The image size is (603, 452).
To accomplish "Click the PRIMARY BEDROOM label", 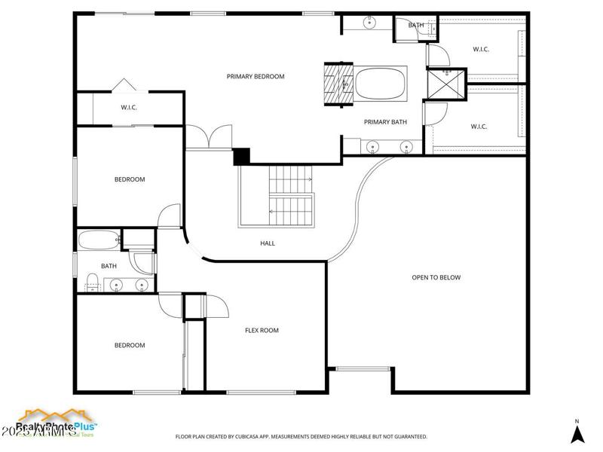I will coord(256,76).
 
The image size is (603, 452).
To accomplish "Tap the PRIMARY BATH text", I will coord(385,122).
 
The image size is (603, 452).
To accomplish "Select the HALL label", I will coord(268,243).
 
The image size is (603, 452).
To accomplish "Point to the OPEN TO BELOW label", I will coord(436,277).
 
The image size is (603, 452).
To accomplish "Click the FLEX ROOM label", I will coord(262,330).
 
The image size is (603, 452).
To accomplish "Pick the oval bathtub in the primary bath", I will coord(381,83).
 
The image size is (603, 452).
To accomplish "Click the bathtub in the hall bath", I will coord(99,241).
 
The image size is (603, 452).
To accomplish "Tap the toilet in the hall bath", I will coord(92,283).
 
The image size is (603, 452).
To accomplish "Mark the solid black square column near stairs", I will coord(241,156).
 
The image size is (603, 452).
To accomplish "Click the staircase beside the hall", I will coord(291,195).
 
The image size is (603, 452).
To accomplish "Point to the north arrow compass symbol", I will coord(577,433).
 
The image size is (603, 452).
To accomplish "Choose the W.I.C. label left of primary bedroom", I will coord(129,108).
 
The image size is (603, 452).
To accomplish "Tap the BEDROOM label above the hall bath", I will coord(130,179).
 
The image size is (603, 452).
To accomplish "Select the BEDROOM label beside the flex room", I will coord(130,345).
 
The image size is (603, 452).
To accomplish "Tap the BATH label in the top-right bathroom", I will coord(416,25).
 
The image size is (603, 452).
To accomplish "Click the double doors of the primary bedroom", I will coord(208,138).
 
